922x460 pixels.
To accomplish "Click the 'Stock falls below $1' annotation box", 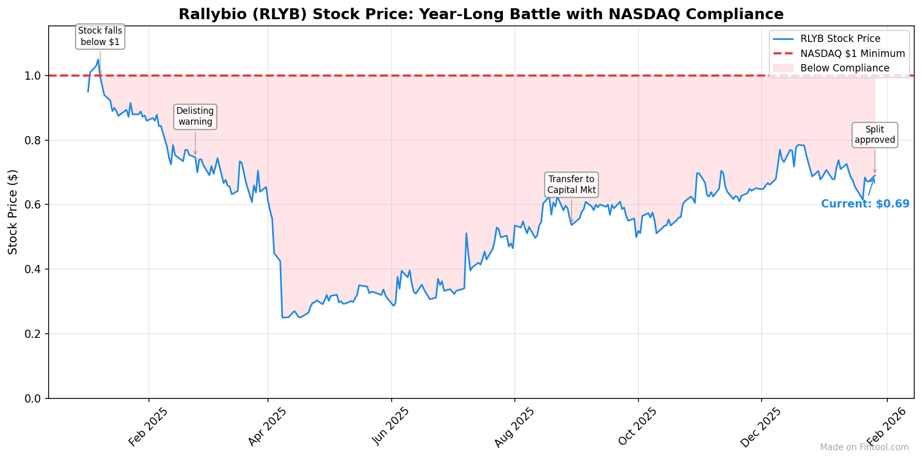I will (x=100, y=37).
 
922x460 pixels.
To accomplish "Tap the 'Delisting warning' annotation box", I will (x=195, y=116).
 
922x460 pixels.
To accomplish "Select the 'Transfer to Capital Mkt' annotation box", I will (x=571, y=185).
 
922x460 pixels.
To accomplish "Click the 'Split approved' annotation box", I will (x=874, y=135).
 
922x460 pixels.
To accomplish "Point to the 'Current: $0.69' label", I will (x=865, y=204).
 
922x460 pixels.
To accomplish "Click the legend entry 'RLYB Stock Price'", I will (x=840, y=39).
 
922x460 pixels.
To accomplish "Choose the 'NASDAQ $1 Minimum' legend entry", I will (x=852, y=53).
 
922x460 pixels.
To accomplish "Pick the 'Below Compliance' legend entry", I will (x=844, y=68).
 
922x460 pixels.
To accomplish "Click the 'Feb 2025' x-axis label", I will (x=147, y=427).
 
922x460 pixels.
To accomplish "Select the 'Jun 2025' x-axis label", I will (x=390, y=427).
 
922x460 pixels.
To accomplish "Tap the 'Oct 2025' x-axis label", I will (x=637, y=427).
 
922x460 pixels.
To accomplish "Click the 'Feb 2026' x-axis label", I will (x=886, y=427).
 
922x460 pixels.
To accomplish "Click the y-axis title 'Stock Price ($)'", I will (x=13, y=212).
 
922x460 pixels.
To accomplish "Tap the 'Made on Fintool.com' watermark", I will (x=864, y=447).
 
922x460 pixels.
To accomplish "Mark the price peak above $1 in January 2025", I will (x=98, y=60).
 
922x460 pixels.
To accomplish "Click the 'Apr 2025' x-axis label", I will (x=266, y=427).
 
